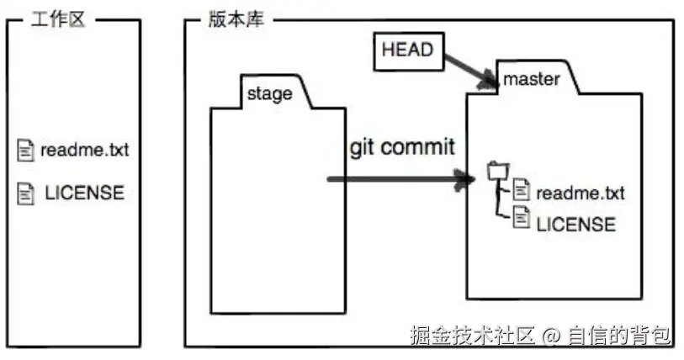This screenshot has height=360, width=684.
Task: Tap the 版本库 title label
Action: [x=235, y=19]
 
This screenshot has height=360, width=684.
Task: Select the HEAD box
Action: [x=407, y=50]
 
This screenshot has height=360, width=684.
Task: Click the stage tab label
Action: [x=269, y=93]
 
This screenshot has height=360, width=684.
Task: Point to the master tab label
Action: [x=531, y=80]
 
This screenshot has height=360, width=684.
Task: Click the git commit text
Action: [x=402, y=147]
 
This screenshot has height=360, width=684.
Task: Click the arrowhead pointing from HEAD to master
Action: [x=490, y=81]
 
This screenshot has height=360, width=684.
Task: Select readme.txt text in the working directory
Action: [x=85, y=151]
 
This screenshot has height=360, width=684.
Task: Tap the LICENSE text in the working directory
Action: [x=84, y=193]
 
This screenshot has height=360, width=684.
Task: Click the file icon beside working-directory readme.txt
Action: [x=24, y=151]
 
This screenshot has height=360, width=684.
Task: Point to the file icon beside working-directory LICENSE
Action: [x=24, y=193]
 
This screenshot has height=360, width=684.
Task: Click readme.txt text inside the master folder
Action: [x=581, y=193]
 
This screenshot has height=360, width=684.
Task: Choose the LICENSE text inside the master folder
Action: [x=575, y=224]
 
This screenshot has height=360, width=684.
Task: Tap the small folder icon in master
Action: [x=496, y=172]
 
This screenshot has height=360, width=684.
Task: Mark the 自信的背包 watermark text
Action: [x=619, y=336]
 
